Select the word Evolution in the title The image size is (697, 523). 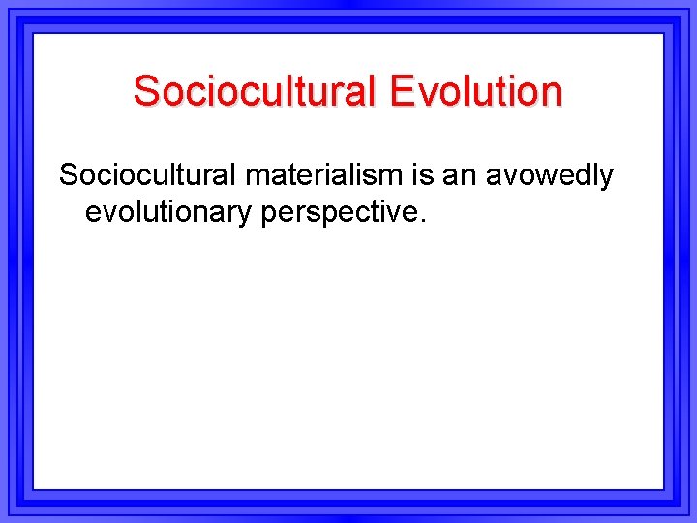click(474, 91)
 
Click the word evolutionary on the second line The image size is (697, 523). click(168, 210)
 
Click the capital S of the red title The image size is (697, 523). click(145, 91)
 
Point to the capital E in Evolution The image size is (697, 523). click(401, 91)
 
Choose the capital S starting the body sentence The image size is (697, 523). click(69, 175)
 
